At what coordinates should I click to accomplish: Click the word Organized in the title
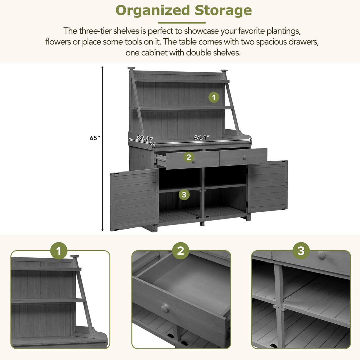[x=152, y=11]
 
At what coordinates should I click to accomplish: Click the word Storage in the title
[x=223, y=11]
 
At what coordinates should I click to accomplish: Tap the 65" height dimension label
[x=95, y=138]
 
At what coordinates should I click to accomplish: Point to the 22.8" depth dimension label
[x=144, y=138]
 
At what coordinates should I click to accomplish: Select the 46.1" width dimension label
[x=202, y=138]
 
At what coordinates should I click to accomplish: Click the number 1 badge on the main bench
[x=214, y=97]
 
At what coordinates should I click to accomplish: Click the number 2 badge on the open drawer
[x=189, y=157]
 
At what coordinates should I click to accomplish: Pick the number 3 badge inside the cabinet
[x=184, y=195]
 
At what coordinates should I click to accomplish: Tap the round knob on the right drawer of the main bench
[x=244, y=157]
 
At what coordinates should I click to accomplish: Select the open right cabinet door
[x=268, y=187]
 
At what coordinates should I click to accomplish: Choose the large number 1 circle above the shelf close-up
[x=59, y=251]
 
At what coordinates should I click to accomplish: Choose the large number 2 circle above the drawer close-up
[x=181, y=251]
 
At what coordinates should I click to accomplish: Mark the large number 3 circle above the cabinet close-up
[x=301, y=251]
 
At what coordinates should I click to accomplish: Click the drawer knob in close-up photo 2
[x=165, y=308]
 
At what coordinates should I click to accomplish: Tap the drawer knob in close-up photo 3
[x=322, y=254]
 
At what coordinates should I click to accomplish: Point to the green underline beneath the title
[x=182, y=23]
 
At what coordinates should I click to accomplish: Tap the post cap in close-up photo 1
[x=75, y=256]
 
